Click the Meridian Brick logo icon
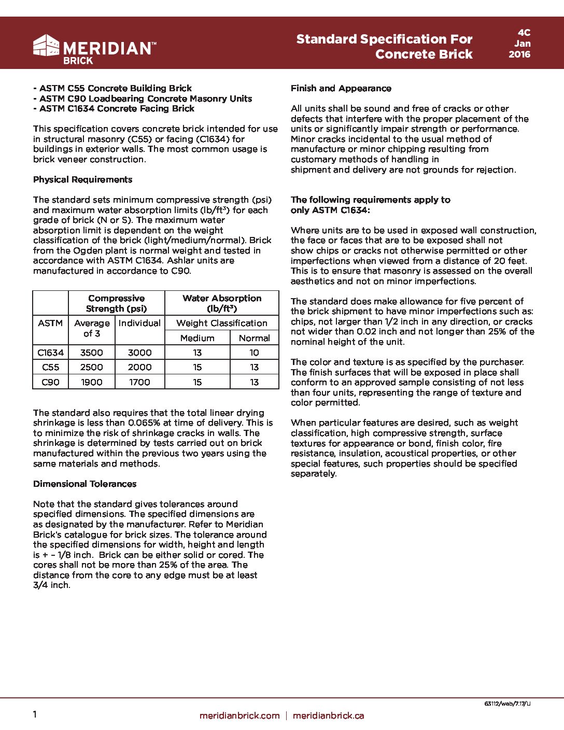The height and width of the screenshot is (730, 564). [x=46, y=46]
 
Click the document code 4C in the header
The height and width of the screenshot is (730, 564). [x=524, y=33]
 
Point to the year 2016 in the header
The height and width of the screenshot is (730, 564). [x=519, y=54]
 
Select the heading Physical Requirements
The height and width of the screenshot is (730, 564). [x=82, y=179]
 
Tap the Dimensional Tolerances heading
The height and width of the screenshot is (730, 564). [x=84, y=484]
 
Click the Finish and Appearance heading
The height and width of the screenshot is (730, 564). [x=341, y=88]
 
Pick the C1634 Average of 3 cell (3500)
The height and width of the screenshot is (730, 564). [x=91, y=353]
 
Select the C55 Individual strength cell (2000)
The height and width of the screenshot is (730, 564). [x=139, y=367]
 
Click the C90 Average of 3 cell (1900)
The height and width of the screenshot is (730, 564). [x=91, y=382]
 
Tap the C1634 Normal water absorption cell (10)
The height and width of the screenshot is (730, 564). [x=254, y=353]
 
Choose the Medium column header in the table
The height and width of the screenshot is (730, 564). [x=197, y=338]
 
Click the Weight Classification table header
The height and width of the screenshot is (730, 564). [x=221, y=323]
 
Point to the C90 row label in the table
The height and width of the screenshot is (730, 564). [x=50, y=382]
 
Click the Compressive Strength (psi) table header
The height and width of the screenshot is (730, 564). [x=116, y=303]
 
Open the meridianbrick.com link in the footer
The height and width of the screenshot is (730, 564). [x=239, y=715]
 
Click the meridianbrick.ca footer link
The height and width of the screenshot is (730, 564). [x=328, y=715]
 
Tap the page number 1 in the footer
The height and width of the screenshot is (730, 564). [x=35, y=714]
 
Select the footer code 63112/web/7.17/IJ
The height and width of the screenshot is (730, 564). [x=507, y=704]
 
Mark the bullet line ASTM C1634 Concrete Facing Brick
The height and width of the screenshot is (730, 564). [x=114, y=108]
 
